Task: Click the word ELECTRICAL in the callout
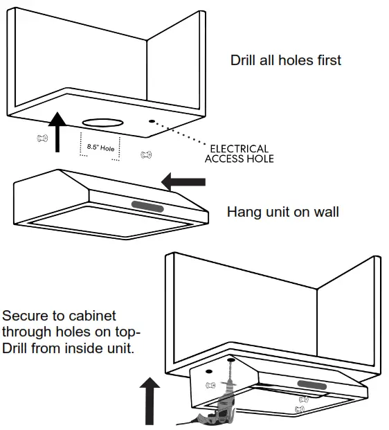pyautogui.click(x=239, y=149)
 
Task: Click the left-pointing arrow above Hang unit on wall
pyautogui.click(x=183, y=182)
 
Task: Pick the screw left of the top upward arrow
pyautogui.click(x=42, y=138)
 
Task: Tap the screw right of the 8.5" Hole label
pyautogui.click(x=146, y=155)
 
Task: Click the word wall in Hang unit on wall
pyautogui.click(x=325, y=211)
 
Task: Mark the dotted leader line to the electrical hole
pyautogui.click(x=182, y=134)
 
